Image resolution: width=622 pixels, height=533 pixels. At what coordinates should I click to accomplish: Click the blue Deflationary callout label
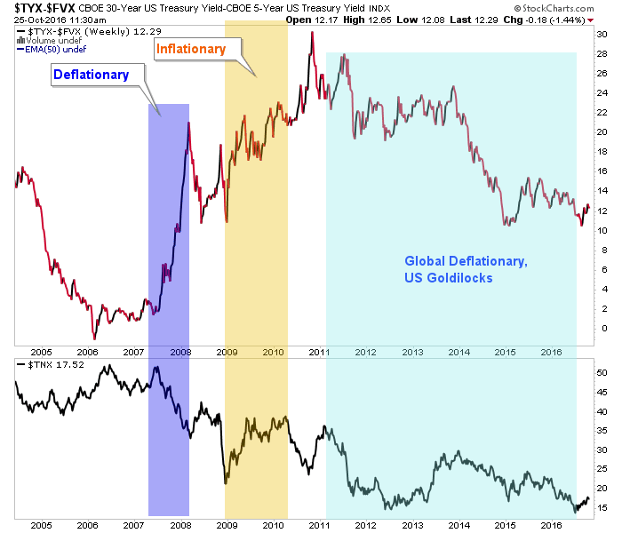pyautogui.click(x=92, y=75)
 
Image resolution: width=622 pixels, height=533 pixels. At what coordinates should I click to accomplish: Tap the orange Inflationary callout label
pyautogui.click(x=190, y=50)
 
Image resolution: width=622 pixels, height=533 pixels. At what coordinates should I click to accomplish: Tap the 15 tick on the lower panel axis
pyautogui.click(x=602, y=508)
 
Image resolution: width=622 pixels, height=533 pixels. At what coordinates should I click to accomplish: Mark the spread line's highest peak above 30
pyautogui.click(x=311, y=33)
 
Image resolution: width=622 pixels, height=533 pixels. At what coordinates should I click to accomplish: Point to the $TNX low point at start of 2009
pyautogui.click(x=226, y=482)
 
